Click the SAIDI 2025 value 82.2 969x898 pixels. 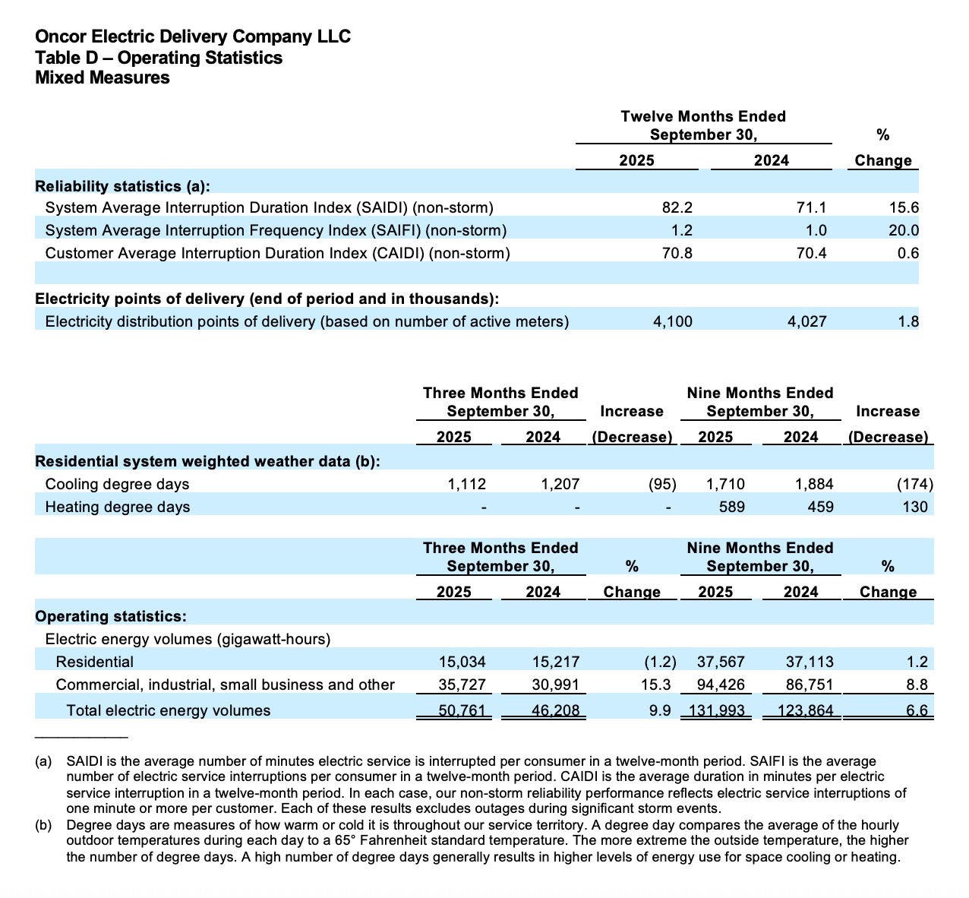pos(677,207)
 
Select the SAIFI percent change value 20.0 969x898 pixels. pos(904,230)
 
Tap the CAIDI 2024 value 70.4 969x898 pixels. pos(811,253)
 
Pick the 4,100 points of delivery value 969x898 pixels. pos(672,321)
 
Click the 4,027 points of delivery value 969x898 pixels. pos(806,321)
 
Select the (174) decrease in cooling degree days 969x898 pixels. pos(915,484)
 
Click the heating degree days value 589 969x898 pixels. pos(731,507)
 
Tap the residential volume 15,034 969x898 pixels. pos(462,662)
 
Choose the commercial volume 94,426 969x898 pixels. pos(721,685)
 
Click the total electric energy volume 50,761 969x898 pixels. pos(462,710)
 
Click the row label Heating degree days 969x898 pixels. pos(118,507)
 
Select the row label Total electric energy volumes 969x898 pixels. pos(168,710)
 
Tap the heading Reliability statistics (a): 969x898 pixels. pos(123,186)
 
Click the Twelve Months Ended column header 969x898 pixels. pos(703,116)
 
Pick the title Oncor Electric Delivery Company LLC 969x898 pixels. pos(193,36)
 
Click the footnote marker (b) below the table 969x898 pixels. pos(43,825)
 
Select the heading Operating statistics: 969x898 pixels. pos(111,616)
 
